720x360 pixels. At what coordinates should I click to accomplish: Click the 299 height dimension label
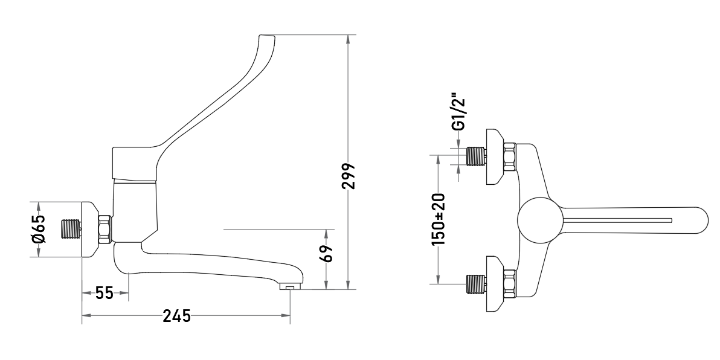[349, 176]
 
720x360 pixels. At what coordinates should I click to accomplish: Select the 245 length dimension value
[177, 316]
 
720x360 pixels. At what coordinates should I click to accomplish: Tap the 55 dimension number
[104, 292]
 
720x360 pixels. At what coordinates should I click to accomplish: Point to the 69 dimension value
[326, 254]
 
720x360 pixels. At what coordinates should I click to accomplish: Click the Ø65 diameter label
[38, 229]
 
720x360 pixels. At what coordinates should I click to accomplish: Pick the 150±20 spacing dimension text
[438, 219]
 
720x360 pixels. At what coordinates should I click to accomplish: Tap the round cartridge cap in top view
[540, 220]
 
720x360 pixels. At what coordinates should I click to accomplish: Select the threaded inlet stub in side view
[71, 229]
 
